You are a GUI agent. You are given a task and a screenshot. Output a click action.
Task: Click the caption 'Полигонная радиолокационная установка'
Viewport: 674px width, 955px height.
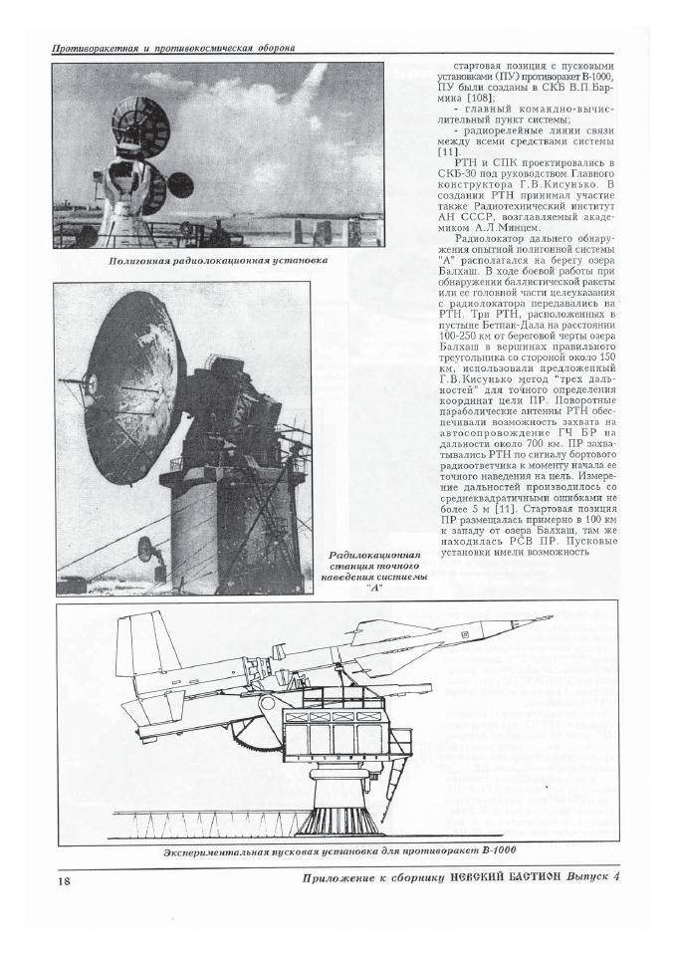218,261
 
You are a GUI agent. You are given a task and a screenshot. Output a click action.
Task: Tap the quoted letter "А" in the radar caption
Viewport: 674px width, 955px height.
375,589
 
